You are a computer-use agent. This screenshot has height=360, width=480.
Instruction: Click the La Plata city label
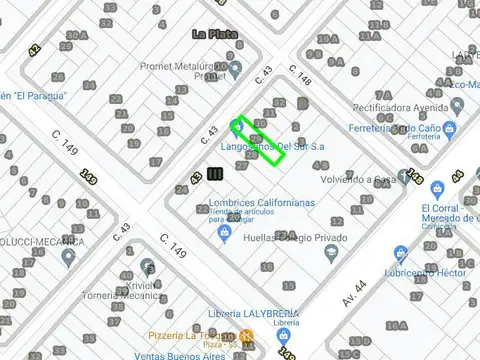[x=215, y=34]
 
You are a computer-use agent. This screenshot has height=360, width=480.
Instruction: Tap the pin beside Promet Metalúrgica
[x=235, y=69]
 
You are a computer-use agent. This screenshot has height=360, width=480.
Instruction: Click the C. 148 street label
[x=299, y=73]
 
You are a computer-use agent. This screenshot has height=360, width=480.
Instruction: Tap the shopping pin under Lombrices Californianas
[x=228, y=232]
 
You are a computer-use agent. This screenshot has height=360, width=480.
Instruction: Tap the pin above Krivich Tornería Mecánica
[x=147, y=267]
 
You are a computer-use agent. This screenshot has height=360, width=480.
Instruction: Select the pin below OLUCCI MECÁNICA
[x=68, y=257]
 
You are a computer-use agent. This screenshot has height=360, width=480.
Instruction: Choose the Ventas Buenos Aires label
[x=200, y=354]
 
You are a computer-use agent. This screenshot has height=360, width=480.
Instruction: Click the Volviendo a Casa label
[x=356, y=180]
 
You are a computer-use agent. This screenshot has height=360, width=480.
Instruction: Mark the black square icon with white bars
[x=217, y=174]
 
